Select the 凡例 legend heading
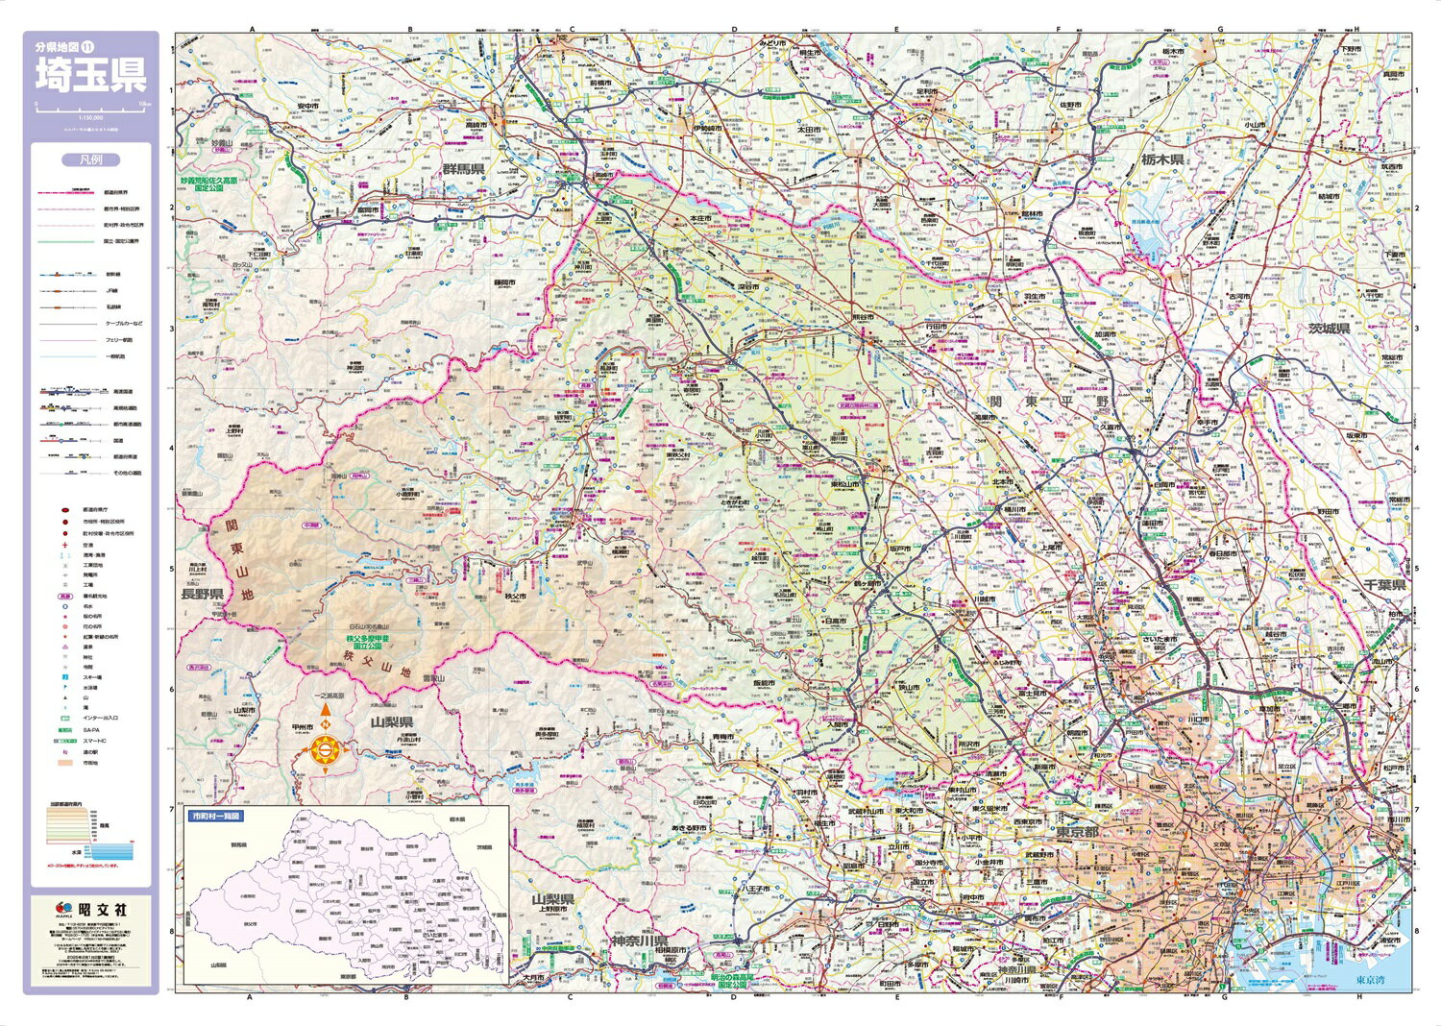[x=91, y=160]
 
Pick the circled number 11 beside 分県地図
[x=86, y=46]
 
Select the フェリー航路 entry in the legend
[x=113, y=340]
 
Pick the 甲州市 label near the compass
[x=303, y=728]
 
